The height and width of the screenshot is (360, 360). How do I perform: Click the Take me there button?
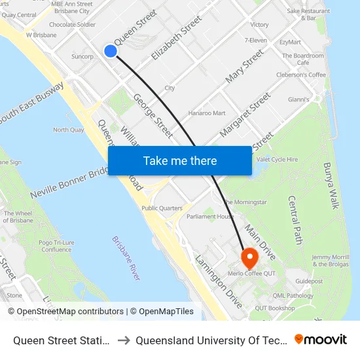tap(179, 160)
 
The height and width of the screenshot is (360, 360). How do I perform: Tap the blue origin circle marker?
tap(111, 51)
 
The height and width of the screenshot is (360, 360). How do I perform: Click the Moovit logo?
tap(321, 339)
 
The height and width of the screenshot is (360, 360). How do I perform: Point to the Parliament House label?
tap(209, 217)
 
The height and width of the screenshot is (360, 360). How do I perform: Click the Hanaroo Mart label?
tap(207, 113)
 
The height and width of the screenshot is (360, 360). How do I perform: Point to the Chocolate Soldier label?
tap(72, 24)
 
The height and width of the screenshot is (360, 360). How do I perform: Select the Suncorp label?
tap(82, 56)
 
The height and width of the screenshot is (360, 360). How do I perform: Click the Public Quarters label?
tap(162, 208)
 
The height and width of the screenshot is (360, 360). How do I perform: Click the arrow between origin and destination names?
tap(124, 340)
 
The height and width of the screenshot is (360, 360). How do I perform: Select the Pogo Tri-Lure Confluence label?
tap(56, 245)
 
